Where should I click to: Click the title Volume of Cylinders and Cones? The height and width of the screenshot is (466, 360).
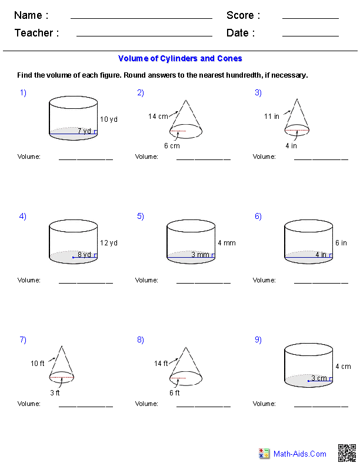(180, 59)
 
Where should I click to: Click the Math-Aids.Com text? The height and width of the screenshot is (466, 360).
(300, 454)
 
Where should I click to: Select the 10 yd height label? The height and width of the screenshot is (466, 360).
(109, 119)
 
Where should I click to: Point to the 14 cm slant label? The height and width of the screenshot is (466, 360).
(158, 116)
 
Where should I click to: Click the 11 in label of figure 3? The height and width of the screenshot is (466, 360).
(272, 116)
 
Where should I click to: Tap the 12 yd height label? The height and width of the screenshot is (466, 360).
(109, 243)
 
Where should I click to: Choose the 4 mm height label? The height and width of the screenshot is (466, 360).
(226, 243)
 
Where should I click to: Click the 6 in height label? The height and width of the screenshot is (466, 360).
(341, 243)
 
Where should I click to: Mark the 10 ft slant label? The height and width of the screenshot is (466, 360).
(38, 364)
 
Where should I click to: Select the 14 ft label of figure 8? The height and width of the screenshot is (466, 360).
(161, 364)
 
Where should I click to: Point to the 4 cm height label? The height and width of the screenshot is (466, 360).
(344, 367)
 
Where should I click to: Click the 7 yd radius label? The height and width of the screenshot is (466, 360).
(84, 131)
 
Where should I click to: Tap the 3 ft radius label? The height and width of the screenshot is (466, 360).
(54, 393)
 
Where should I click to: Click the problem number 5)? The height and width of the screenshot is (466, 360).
(141, 216)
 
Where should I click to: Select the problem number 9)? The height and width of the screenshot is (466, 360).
(258, 339)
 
